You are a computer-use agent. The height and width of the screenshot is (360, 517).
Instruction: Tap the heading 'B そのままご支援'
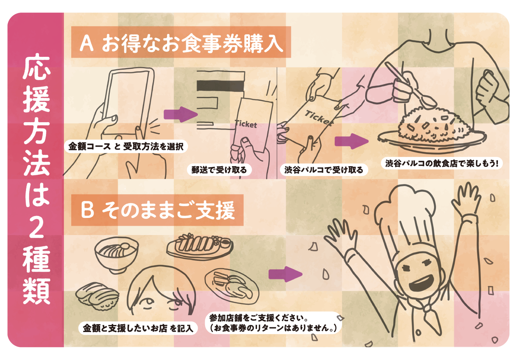[x=158, y=210]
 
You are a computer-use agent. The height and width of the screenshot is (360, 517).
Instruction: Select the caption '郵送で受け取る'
[x=219, y=170]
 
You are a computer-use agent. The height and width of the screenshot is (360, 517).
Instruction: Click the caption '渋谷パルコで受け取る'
[x=324, y=170]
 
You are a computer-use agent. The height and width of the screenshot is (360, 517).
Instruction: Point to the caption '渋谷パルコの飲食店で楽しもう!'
[x=441, y=163]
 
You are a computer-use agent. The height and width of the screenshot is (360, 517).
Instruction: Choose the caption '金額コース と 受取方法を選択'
[x=126, y=146]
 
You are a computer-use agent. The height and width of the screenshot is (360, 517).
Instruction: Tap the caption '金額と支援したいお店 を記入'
[x=138, y=328]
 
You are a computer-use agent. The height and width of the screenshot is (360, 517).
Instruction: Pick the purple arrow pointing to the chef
[x=285, y=274]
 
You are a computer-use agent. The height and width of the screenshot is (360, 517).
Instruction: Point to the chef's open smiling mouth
[x=423, y=284]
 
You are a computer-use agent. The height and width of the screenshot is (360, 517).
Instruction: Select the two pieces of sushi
[x=97, y=297]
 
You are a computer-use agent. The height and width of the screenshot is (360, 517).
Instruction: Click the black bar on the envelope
[x=220, y=86]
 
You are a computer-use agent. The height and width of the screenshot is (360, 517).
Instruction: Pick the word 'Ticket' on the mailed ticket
[x=246, y=124]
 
